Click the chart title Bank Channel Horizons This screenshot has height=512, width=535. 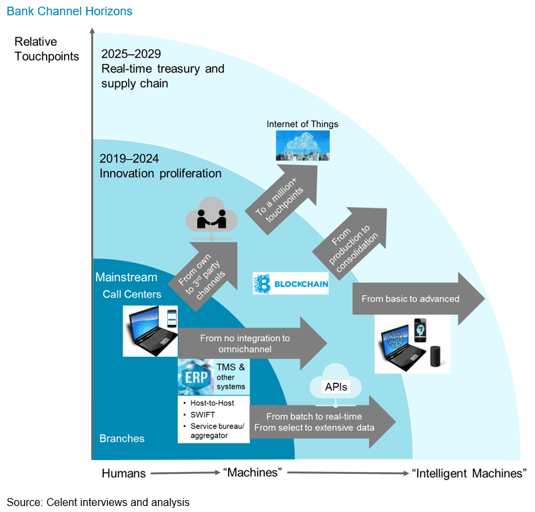coord(69,12)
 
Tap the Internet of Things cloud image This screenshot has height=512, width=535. coord(302,145)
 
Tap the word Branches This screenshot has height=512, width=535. coord(122,439)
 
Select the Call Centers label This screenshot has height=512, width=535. coord(131,294)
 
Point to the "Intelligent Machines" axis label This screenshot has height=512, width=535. coord(470,473)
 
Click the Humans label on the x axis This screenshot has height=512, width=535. coord(123,473)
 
